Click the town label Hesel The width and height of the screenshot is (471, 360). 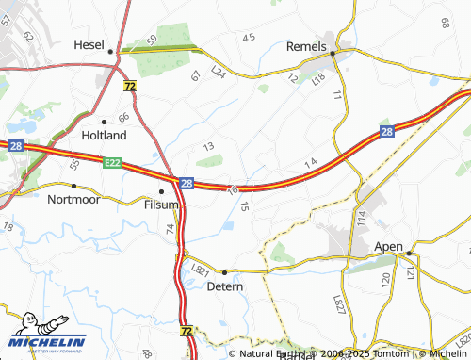pyautogui.click(x=90, y=44)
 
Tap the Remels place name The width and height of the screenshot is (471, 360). pyautogui.click(x=305, y=46)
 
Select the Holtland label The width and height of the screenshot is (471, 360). pyautogui.click(x=105, y=136)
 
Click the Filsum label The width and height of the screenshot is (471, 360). pyautogui.click(x=161, y=204)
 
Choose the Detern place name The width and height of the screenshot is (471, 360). pyautogui.click(x=224, y=286)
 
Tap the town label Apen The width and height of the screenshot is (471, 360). pyautogui.click(x=388, y=246)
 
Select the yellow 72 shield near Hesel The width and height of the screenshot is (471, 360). pyautogui.click(x=129, y=86)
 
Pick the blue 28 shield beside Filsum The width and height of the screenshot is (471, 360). pyautogui.click(x=187, y=183)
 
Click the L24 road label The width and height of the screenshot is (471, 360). pyautogui.click(x=219, y=72)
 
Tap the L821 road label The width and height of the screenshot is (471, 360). pyautogui.click(x=199, y=270)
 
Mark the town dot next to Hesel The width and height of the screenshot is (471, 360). pyautogui.click(x=111, y=51)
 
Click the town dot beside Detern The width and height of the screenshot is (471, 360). pyautogui.click(x=224, y=272)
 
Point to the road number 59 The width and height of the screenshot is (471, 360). pyautogui.click(x=152, y=40)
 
